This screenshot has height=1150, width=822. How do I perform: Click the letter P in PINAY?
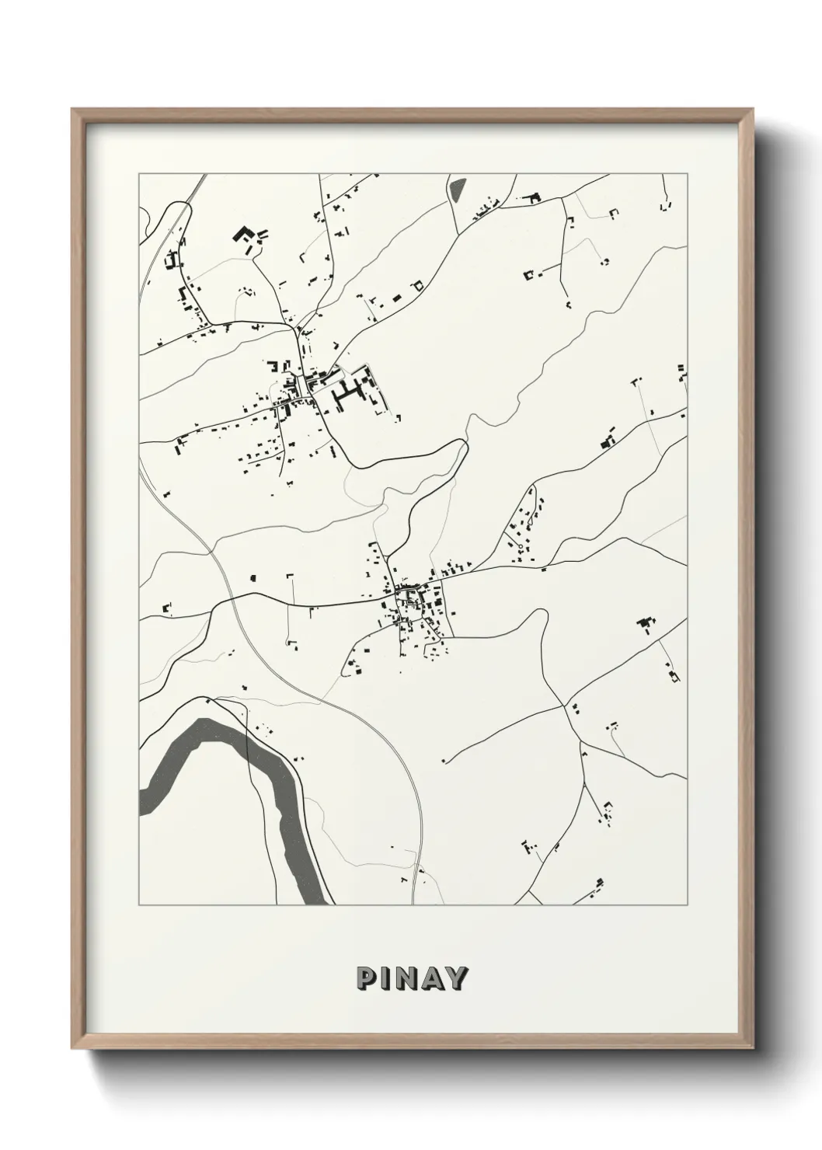click(366, 978)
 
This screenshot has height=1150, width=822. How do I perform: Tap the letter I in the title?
click(386, 978)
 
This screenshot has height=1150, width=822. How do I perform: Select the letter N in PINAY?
click(407, 978)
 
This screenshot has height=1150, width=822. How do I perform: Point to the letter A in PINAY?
click(433, 978)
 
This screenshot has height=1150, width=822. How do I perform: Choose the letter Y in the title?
click(458, 978)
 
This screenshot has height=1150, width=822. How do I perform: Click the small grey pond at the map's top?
click(456, 189)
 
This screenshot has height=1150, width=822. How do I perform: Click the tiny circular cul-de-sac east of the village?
click(520, 548)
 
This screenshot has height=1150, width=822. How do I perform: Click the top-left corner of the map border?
click(139, 174)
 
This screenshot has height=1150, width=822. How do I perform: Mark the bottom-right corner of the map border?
click(688, 905)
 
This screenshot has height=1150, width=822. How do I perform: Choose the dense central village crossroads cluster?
click(409, 598)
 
